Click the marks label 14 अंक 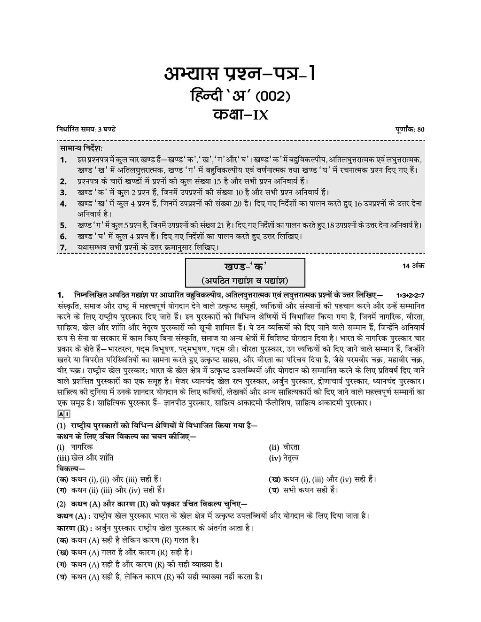pos(413,266)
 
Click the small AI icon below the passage pos(63,414)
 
